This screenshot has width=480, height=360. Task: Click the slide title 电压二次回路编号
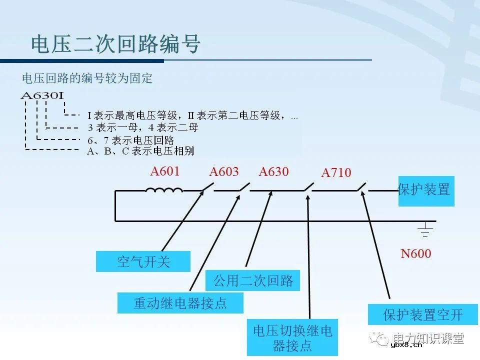click(116, 44)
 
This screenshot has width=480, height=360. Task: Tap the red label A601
click(165, 171)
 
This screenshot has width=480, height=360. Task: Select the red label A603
click(224, 172)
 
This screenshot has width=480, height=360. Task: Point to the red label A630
click(274, 172)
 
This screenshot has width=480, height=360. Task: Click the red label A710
click(336, 173)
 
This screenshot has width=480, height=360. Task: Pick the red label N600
click(416, 254)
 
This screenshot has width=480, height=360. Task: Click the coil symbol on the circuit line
click(164, 190)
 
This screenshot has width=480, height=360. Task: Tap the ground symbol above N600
click(425, 229)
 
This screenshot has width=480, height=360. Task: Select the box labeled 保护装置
click(426, 190)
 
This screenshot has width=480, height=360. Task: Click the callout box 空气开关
click(143, 261)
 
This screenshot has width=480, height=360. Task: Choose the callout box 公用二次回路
click(253, 280)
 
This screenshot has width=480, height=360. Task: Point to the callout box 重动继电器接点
click(180, 303)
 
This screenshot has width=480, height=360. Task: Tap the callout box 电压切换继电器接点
click(292, 337)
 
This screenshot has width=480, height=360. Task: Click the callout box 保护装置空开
click(422, 314)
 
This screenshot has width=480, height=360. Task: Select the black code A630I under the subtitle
click(42, 95)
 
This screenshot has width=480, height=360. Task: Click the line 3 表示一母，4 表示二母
click(142, 128)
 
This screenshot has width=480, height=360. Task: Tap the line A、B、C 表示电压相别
click(140, 151)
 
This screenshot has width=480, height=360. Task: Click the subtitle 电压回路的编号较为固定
click(87, 78)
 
